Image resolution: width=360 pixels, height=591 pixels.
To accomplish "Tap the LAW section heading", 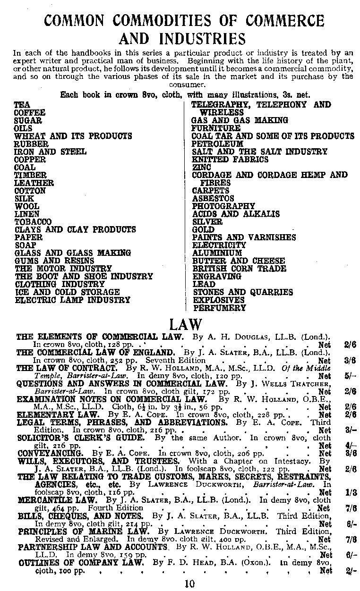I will point(186,325).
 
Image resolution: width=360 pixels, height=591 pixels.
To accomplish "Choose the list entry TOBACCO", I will point(33,222).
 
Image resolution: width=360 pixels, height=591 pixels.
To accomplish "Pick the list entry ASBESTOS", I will point(213,199).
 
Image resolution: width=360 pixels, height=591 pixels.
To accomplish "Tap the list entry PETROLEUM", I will point(217,144).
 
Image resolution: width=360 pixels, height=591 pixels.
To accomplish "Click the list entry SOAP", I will point(25,245).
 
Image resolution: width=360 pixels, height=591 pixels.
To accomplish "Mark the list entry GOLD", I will point(203,230).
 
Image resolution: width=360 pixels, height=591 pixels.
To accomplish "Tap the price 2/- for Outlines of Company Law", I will point(351,570).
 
